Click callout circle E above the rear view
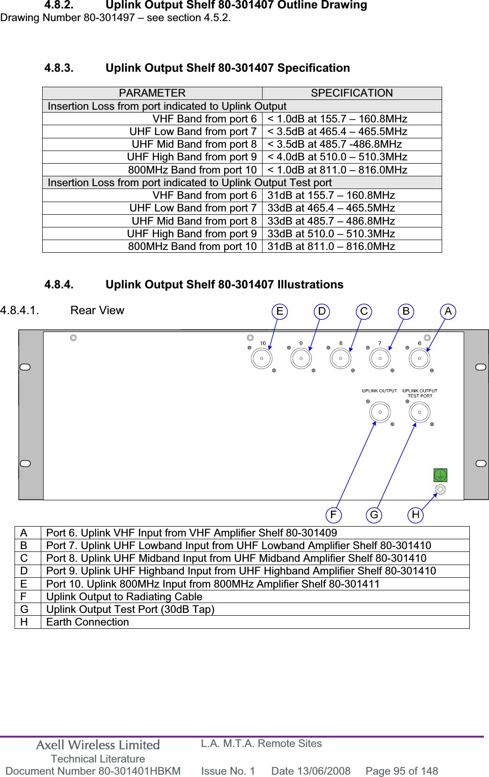(x=280, y=311)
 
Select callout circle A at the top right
(x=448, y=311)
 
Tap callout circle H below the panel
(x=415, y=515)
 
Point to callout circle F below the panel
(x=333, y=515)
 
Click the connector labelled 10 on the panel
(x=262, y=359)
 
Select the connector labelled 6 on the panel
(x=420, y=359)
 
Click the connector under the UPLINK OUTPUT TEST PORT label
(x=420, y=413)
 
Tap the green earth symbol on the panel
(x=440, y=475)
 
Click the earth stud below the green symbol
(x=440, y=490)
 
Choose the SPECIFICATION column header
(x=352, y=93)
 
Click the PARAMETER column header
(x=152, y=93)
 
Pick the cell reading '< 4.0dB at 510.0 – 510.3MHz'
(x=337, y=157)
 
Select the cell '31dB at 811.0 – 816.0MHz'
(x=331, y=246)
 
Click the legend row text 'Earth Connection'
(x=88, y=622)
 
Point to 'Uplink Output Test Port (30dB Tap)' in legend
(x=130, y=609)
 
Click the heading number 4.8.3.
(x=59, y=68)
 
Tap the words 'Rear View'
(x=97, y=310)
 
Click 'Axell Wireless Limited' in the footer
(x=98, y=745)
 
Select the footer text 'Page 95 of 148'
(x=402, y=771)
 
